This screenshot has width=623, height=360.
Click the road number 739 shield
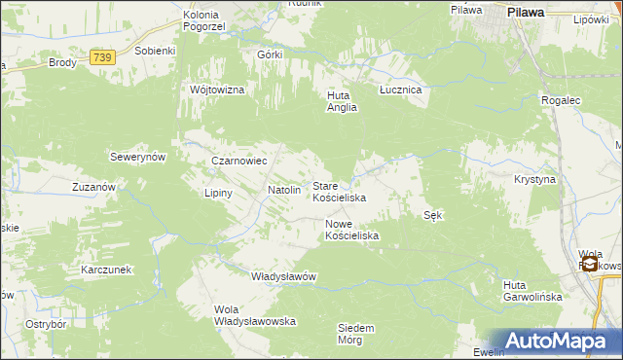coord(102,58)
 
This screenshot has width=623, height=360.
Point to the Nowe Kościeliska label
coord(351,230)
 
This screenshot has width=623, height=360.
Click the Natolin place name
coord(284,191)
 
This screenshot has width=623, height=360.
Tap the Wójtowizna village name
coord(218,90)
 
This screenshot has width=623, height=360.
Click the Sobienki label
coord(155,51)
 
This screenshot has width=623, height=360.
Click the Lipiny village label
coord(218,193)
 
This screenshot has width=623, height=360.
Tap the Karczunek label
coord(107,269)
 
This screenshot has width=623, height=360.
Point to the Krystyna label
coord(534,180)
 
